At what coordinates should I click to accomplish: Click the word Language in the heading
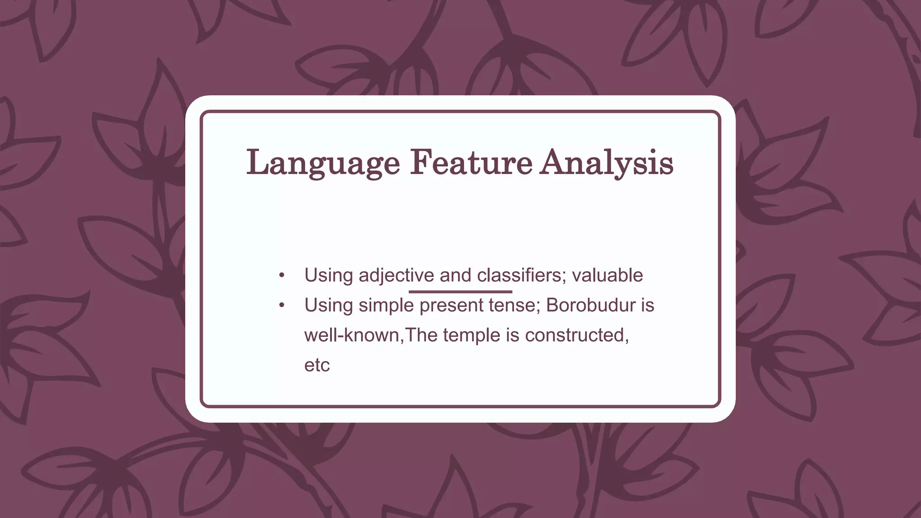pyautogui.click(x=323, y=163)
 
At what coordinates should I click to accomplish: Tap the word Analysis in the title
pyautogui.click(x=607, y=163)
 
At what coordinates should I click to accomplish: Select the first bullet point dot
pyautogui.click(x=282, y=275)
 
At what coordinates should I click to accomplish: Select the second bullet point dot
pyautogui.click(x=282, y=305)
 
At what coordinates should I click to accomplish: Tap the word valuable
pyautogui.click(x=607, y=275)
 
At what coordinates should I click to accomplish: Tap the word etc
pyautogui.click(x=317, y=365)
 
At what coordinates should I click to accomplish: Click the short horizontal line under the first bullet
pyautogui.click(x=460, y=292)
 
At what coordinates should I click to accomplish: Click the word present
pyautogui.click(x=451, y=305)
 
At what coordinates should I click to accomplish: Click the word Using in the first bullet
pyautogui.click(x=328, y=275)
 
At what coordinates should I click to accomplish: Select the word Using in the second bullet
pyautogui.click(x=328, y=305)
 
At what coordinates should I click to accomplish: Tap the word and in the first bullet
pyautogui.click(x=455, y=275)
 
